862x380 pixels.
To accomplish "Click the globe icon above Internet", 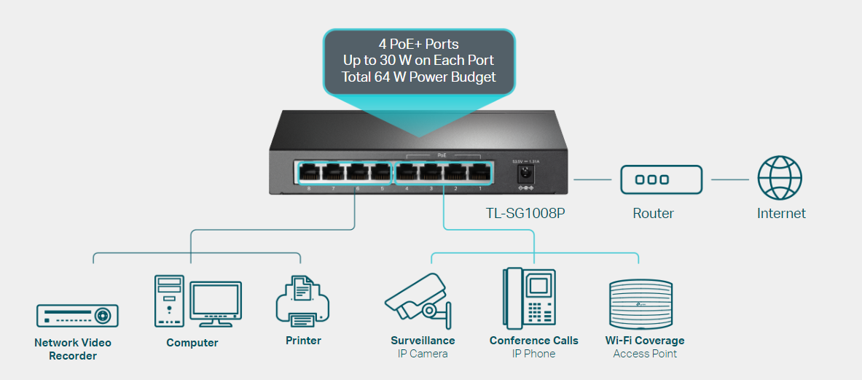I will tap(780, 179).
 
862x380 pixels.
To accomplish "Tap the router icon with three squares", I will tap(661, 179).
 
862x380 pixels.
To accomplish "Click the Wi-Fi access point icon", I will tap(640, 305).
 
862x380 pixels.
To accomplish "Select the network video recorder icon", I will tap(77, 315).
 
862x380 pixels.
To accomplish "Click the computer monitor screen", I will tap(215, 302).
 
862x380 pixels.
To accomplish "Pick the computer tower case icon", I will tap(169, 300).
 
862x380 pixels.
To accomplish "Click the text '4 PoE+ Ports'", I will tap(419, 44).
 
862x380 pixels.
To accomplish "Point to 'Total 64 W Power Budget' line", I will tap(419, 77).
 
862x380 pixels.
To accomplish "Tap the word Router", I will tap(653, 214).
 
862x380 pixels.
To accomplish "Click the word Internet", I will tap(781, 214).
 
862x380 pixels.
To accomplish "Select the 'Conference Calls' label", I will tap(533, 341).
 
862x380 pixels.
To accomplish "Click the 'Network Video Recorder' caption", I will tap(73, 349).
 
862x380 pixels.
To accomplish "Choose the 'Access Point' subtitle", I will tap(645, 354).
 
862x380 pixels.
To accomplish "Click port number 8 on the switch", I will tap(309, 174).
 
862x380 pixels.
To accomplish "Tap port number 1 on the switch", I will tap(479, 174).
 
